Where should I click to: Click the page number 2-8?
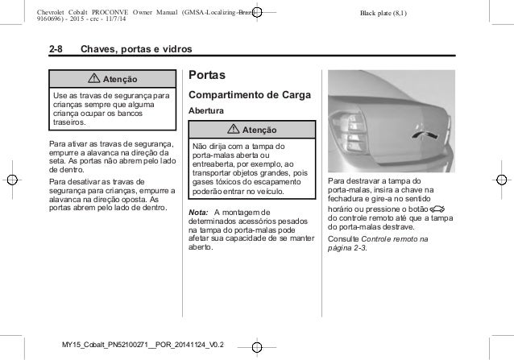click(x=57, y=50)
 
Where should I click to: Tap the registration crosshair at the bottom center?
click(x=256, y=347)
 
